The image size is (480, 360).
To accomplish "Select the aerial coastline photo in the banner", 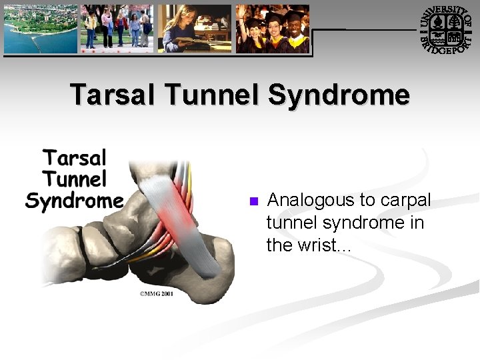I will (40, 29).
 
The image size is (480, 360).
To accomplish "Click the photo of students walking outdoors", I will (117, 29).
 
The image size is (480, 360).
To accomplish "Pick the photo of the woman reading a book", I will (195, 29).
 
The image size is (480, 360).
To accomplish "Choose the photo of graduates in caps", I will (273, 29).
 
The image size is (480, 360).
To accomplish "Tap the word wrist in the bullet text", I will (318, 245).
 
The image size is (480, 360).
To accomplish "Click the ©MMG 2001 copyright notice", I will (156, 294).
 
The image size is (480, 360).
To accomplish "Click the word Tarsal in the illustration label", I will (75, 159).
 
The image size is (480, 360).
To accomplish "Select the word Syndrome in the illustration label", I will (74, 201).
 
